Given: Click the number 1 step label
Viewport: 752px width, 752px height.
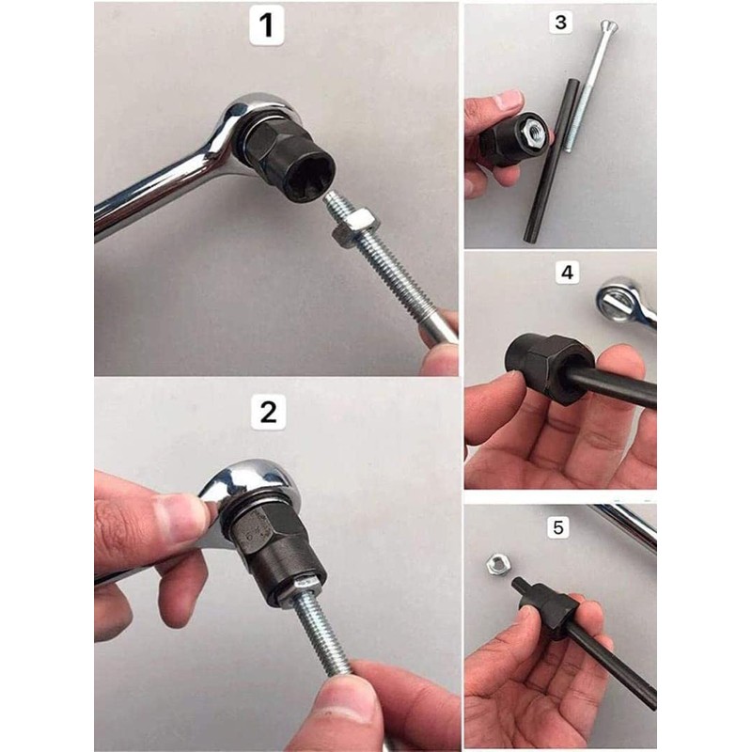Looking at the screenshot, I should pyautogui.click(x=267, y=25).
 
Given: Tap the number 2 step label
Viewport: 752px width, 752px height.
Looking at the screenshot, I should pyautogui.click(x=268, y=411).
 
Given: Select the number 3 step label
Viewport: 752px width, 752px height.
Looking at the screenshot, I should pyautogui.click(x=561, y=23).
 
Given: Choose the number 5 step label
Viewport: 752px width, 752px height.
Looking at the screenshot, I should pyautogui.click(x=559, y=527).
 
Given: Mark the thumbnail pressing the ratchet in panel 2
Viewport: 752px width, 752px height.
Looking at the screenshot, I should pyautogui.click(x=187, y=517).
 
